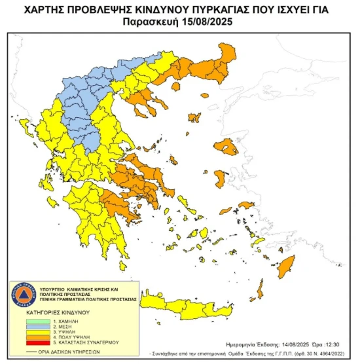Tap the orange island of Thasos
coord(176,85)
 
